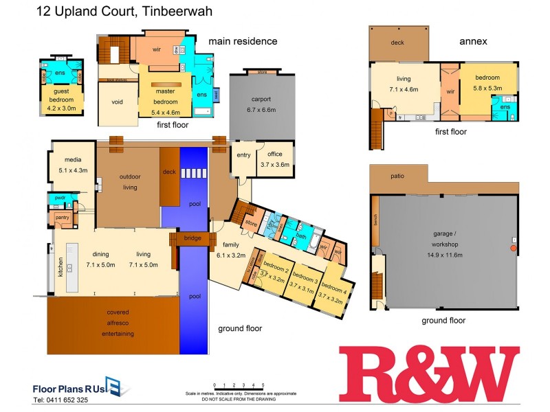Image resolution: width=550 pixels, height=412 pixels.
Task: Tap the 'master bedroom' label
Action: (165, 96)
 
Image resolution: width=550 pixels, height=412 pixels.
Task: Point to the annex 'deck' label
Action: (397, 43)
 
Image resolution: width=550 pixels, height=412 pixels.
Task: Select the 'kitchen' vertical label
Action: (60, 264)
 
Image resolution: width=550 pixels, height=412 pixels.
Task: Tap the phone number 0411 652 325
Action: (60, 400)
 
